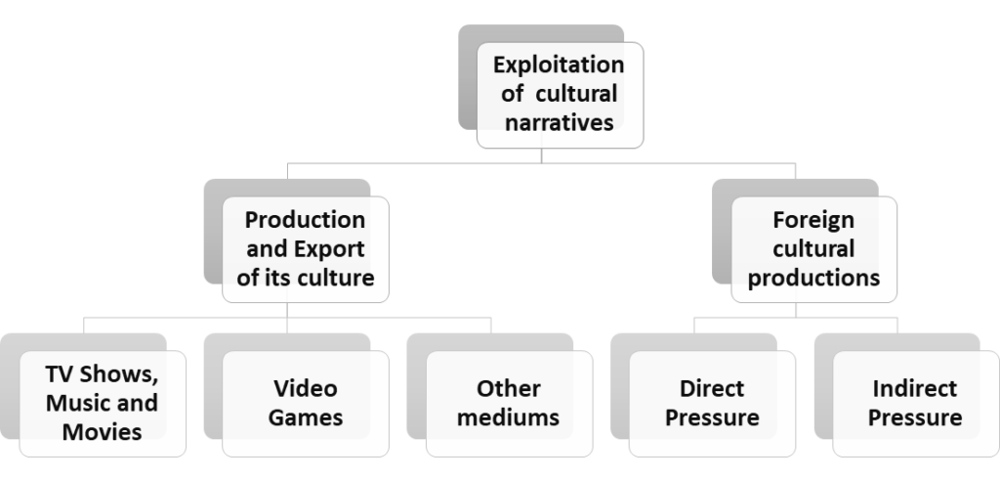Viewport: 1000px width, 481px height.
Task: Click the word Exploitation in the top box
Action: click(559, 66)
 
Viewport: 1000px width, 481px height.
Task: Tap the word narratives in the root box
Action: click(560, 122)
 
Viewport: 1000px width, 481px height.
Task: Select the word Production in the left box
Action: click(305, 220)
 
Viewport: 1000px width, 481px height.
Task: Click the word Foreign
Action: click(813, 221)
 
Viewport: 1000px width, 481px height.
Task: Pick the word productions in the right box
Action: click(813, 278)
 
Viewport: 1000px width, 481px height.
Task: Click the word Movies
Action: click(102, 432)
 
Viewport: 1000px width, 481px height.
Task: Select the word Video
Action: click(306, 388)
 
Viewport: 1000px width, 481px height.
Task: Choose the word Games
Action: click(306, 417)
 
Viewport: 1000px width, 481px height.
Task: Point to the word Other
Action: click(508, 388)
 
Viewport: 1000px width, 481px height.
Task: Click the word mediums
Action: click(508, 417)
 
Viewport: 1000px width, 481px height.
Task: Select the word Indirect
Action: click(914, 388)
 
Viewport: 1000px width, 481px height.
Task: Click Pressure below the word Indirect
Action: click(914, 417)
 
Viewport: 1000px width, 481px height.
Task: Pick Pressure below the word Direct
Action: click(712, 417)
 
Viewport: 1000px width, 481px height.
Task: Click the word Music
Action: click(76, 403)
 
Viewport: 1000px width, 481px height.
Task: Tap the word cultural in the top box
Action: click(576, 93)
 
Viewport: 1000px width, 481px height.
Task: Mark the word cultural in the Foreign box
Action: click(813, 249)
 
